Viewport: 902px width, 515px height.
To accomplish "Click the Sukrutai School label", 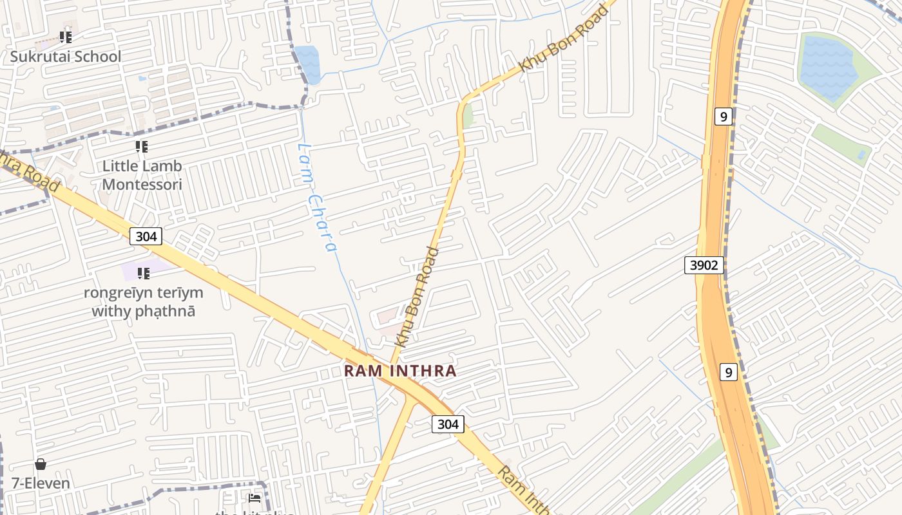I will tap(65, 57).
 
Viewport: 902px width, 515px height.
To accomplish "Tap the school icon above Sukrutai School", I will tap(66, 37).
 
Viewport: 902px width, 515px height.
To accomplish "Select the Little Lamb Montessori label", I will tap(142, 175).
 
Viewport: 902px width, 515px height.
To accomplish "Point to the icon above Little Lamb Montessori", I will tap(142, 147).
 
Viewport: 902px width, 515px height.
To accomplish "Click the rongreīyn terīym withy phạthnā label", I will tap(143, 302).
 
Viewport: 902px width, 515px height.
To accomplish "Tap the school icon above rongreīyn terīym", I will tap(143, 274).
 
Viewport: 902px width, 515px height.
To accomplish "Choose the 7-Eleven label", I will tap(41, 483).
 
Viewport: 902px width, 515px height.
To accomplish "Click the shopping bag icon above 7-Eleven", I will tap(41, 464).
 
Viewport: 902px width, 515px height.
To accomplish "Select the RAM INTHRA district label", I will tap(400, 371).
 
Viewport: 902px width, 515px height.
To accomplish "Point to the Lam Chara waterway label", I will tap(316, 197).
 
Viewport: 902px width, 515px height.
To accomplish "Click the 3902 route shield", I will tap(704, 265).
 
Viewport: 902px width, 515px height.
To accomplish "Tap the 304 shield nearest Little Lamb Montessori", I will tap(146, 236).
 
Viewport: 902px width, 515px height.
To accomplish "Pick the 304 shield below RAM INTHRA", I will tap(447, 424).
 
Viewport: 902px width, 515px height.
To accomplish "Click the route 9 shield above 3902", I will tap(724, 117).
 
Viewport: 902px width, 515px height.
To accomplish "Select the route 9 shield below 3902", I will tap(728, 372).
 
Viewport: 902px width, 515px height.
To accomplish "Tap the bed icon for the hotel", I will tap(254, 498).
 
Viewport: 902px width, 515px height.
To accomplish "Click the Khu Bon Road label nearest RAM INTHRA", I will tap(417, 296).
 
